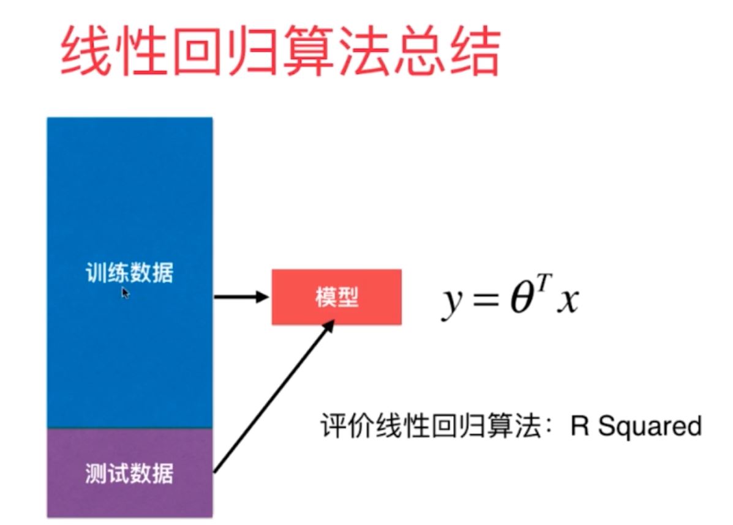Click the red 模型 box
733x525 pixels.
tap(337, 297)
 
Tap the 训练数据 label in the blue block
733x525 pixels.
tap(129, 273)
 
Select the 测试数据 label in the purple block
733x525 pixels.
tap(129, 473)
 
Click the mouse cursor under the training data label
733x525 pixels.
tap(125, 293)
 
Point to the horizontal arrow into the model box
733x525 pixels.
tap(241, 297)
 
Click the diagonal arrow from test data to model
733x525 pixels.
tap(273, 398)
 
